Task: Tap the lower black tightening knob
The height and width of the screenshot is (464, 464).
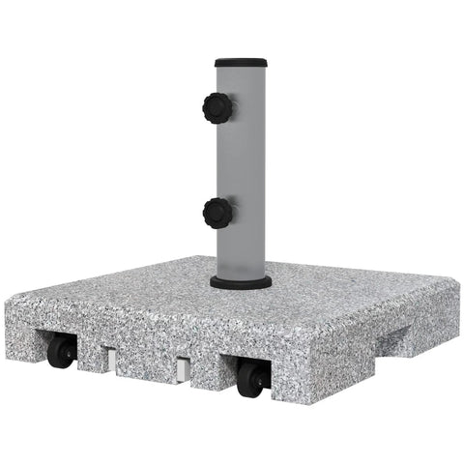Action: coord(217,210)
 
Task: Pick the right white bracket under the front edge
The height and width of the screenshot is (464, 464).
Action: coord(182,368)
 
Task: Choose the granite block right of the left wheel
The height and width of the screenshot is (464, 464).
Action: coord(89,357)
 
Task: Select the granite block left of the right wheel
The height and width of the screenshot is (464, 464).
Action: coord(208,373)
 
